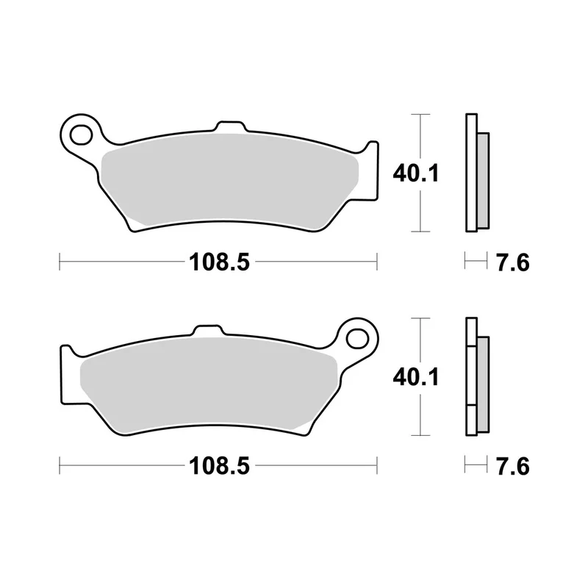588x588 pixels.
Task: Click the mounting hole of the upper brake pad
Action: point(82,135)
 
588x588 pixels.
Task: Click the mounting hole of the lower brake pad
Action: point(357,339)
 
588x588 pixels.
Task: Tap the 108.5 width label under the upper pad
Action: point(219,262)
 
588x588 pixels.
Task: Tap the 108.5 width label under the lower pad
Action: point(219,466)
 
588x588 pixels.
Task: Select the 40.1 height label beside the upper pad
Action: point(415,173)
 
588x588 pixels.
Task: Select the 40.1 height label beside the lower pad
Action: point(415,377)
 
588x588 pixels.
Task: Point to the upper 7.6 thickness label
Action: point(512,262)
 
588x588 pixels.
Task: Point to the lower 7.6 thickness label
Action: point(512,466)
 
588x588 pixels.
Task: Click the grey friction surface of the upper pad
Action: point(229,180)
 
